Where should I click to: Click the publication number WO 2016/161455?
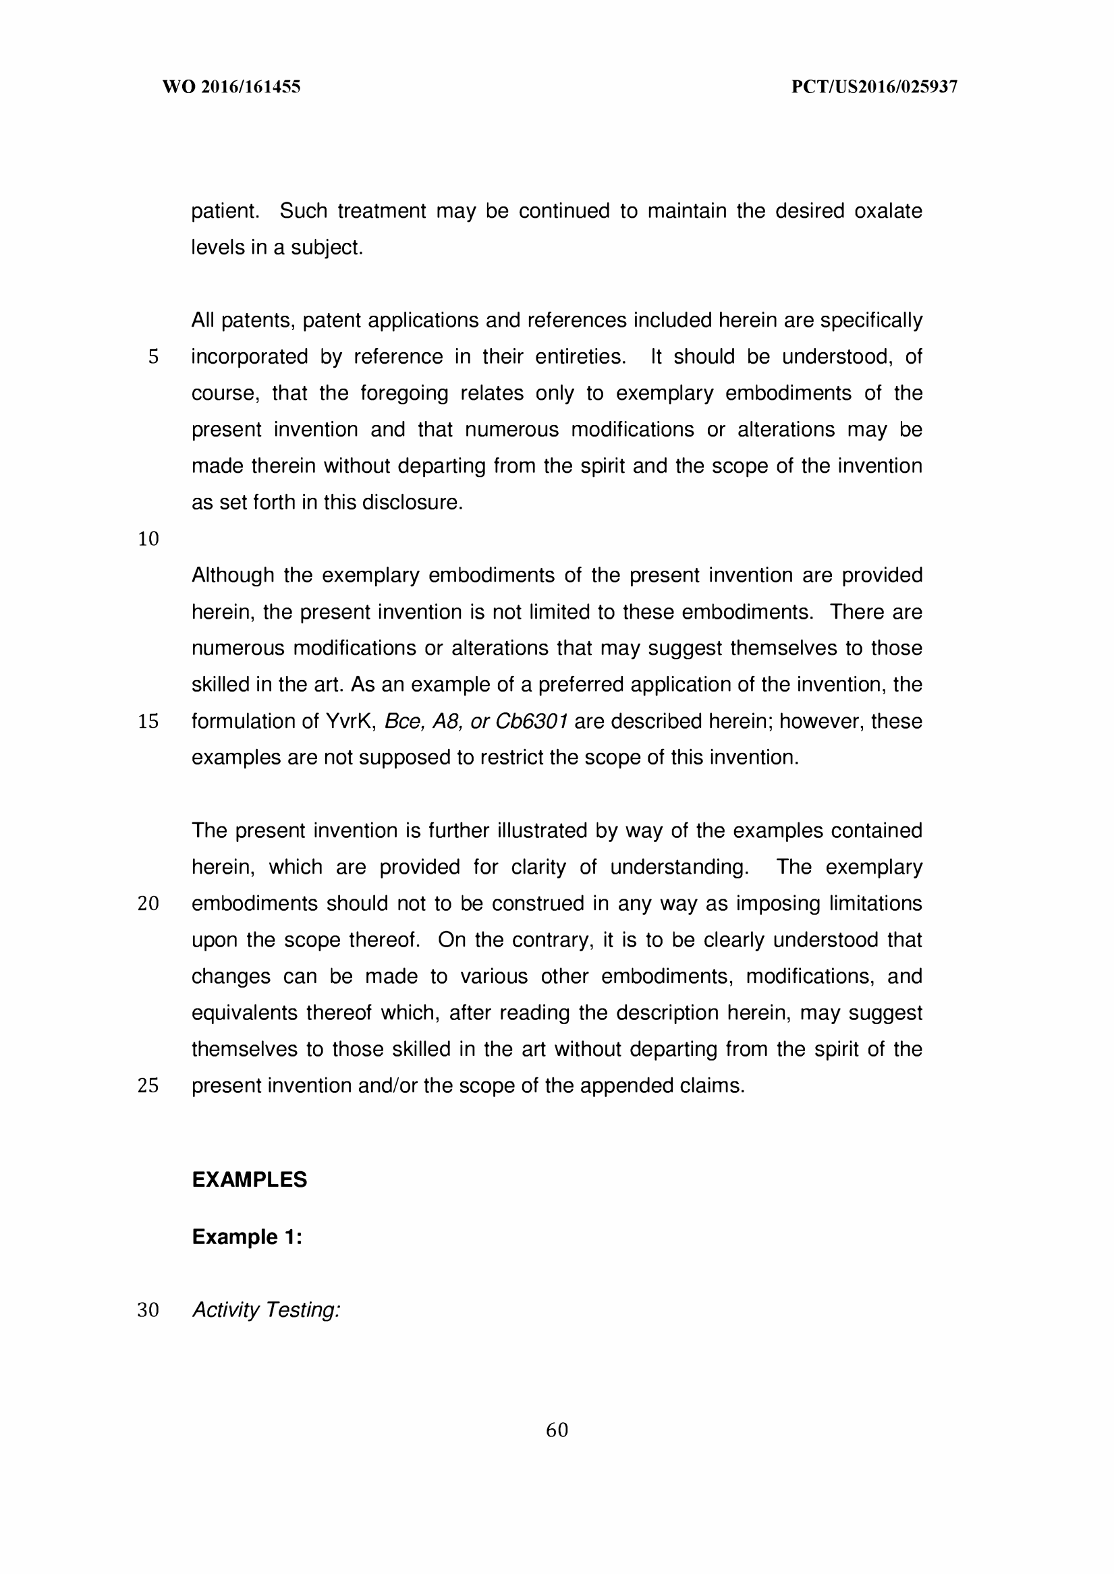click(231, 87)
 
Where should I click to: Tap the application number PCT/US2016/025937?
click(874, 87)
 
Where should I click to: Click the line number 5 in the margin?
click(153, 357)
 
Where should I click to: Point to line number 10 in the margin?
click(148, 539)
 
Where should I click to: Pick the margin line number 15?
click(148, 721)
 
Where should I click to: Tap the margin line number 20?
click(148, 904)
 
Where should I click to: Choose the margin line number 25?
click(148, 1086)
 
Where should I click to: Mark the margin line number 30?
click(148, 1310)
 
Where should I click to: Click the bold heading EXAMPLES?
click(249, 1179)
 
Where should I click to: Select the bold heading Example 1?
click(247, 1237)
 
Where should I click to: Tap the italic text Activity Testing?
click(266, 1310)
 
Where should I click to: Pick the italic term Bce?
click(403, 721)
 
